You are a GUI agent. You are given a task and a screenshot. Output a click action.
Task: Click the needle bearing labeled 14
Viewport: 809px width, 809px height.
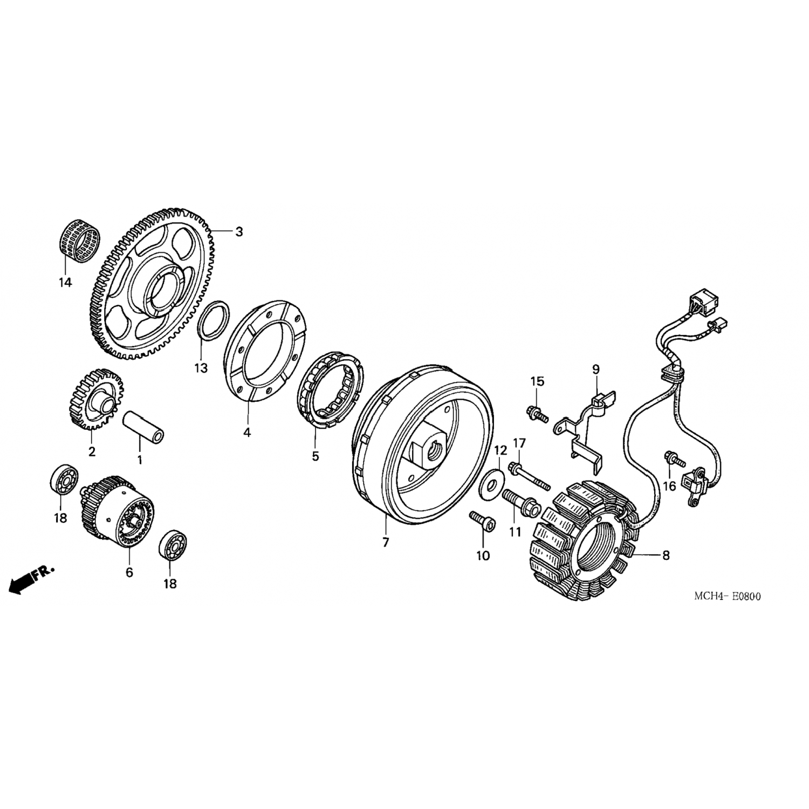[x=80, y=242]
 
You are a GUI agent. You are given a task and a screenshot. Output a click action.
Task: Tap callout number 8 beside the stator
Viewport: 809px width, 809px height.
[x=666, y=555]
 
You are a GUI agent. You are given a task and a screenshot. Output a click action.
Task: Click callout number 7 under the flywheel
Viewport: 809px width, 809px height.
[x=386, y=543]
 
